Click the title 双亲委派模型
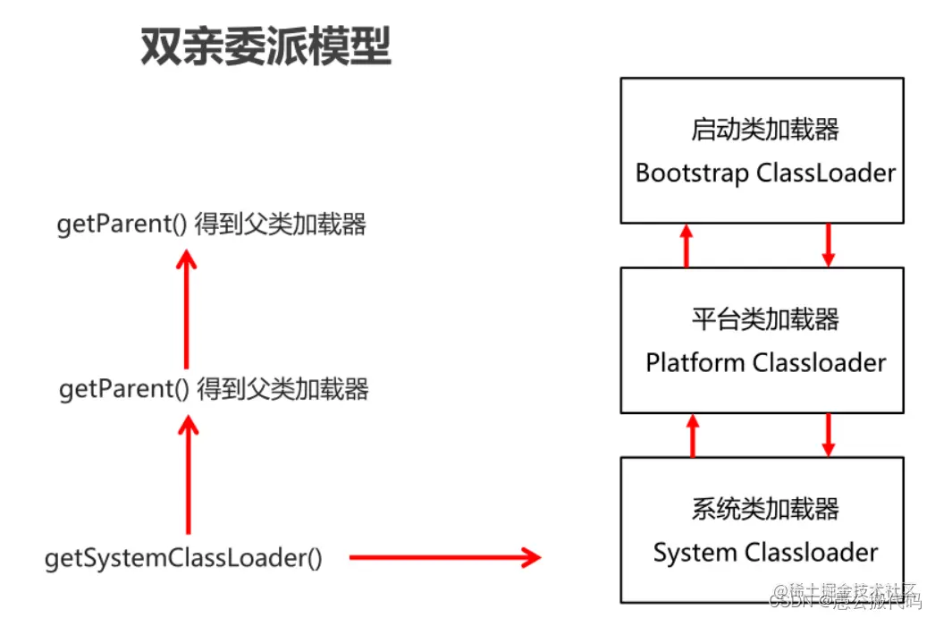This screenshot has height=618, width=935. [265, 46]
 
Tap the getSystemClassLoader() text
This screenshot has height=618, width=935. [183, 558]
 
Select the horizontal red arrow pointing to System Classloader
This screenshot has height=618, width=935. [444, 558]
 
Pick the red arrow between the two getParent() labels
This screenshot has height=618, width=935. [186, 309]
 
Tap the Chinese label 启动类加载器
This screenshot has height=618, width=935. [765, 130]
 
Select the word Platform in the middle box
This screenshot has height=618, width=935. [695, 362]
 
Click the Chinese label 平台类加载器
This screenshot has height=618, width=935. [765, 319]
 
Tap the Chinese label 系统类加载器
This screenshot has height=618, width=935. [765, 510]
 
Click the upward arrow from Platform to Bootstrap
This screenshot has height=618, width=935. [686, 245]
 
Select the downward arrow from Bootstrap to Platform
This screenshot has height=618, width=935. [828, 245]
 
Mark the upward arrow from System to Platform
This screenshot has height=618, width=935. [691, 434]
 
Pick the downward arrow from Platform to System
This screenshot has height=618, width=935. [828, 434]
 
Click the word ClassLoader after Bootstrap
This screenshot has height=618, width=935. [825, 173]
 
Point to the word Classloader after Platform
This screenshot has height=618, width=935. [819, 362]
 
